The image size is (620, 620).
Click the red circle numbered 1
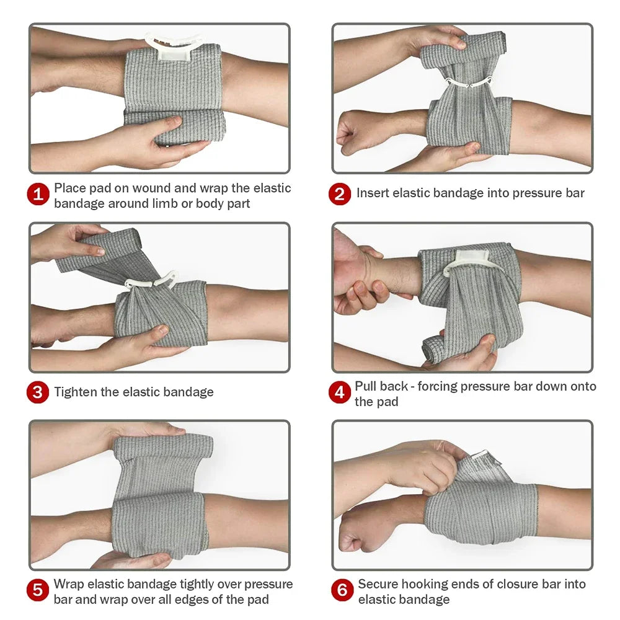click(38, 195)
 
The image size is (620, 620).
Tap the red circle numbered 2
click(340, 194)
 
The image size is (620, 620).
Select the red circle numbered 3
click(38, 392)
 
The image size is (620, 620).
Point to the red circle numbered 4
click(340, 393)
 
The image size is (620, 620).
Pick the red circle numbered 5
click(38, 591)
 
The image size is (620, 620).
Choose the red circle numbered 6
click(342, 591)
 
